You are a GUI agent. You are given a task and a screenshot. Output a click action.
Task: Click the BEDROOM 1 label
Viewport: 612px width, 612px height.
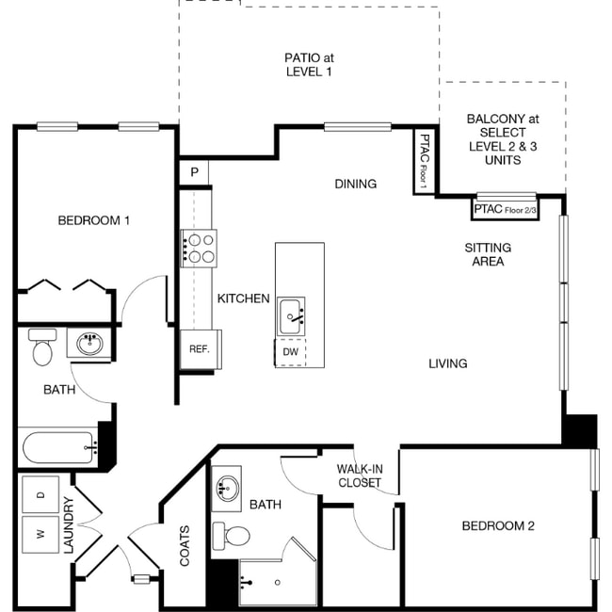93,220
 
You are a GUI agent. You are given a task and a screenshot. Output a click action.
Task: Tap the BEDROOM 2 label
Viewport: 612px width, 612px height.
498,525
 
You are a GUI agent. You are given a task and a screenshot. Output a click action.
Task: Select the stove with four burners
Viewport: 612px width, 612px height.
200,248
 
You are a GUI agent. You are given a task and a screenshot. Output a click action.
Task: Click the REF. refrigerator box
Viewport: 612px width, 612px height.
199,348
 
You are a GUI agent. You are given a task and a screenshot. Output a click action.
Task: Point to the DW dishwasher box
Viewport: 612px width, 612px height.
291,352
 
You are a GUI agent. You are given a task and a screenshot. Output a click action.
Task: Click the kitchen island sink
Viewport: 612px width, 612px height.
292,314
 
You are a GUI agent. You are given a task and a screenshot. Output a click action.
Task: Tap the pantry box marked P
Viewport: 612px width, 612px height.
194,172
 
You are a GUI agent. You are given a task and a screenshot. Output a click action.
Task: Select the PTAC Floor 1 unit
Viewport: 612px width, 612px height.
425,161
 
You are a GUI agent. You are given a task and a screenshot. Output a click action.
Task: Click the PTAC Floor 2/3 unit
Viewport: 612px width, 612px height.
505,209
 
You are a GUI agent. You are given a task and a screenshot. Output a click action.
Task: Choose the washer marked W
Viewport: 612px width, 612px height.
40,533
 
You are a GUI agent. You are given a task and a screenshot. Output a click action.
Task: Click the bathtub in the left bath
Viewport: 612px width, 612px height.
57,447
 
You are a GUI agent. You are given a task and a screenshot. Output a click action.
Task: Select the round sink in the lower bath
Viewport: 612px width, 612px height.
227,488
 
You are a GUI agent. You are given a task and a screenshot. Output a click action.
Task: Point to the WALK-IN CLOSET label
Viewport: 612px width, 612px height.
360,475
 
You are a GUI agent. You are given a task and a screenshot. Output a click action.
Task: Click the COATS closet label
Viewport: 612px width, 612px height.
185,545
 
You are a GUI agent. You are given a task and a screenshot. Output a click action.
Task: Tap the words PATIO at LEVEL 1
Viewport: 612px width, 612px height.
308,64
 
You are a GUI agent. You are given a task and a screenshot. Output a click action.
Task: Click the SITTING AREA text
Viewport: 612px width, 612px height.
488,254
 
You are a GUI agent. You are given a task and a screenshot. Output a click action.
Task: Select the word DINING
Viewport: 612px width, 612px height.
355,184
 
